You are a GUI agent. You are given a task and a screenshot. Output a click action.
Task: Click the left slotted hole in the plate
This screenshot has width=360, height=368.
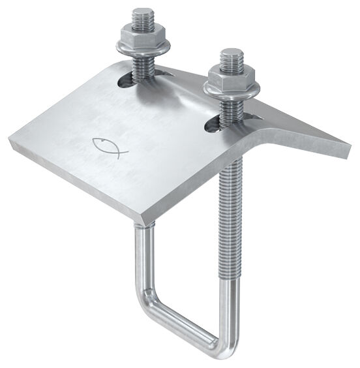[x=124, y=81]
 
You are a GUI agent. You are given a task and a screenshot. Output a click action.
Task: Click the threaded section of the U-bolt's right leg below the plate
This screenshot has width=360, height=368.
[x=229, y=215]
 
